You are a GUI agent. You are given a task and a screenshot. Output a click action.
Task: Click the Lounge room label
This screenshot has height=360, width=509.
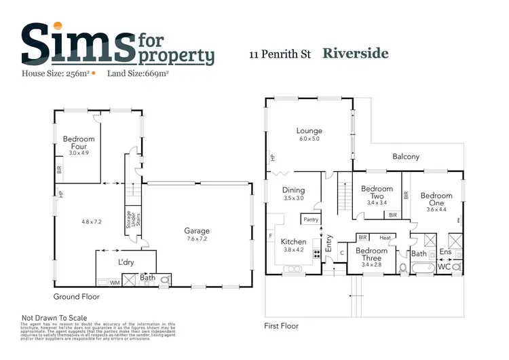click(x=309, y=131)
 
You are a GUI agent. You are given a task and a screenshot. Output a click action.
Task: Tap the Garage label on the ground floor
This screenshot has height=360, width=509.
click(x=197, y=231)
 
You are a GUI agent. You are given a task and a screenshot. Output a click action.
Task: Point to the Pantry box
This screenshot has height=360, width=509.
click(x=311, y=219)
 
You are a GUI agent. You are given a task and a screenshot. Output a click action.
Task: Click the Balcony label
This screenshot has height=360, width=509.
click(x=406, y=157)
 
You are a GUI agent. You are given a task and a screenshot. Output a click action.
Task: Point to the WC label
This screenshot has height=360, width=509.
click(x=446, y=267)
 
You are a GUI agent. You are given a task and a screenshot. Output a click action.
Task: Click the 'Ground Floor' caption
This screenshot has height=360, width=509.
click(x=77, y=297)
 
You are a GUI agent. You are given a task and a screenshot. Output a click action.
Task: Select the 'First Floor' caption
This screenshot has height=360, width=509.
click(x=281, y=325)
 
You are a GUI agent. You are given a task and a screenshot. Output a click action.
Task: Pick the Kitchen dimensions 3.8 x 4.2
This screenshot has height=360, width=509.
click(x=294, y=249)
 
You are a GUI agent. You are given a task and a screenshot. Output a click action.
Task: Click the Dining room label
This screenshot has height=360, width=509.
click(x=294, y=190)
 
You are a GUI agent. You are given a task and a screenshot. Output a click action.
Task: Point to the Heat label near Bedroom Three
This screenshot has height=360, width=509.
click(x=385, y=238)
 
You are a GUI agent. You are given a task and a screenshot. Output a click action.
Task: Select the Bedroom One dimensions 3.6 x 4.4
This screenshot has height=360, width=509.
click(x=436, y=209)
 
